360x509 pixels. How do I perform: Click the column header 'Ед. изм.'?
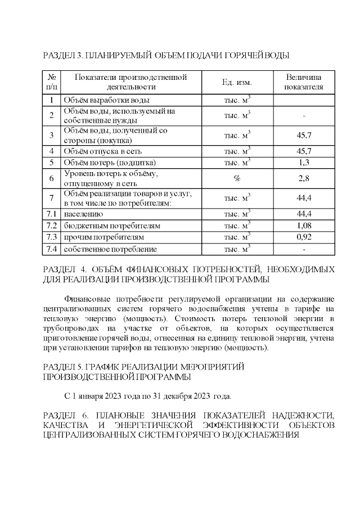236,82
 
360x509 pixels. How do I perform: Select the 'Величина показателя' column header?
304,82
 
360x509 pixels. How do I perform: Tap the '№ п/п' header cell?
51,82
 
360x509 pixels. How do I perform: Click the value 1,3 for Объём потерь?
304,163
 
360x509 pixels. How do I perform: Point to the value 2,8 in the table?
304,178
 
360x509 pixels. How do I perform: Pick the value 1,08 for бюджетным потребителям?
304,226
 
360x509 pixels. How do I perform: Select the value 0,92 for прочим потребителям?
304,237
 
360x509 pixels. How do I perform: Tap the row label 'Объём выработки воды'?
106,100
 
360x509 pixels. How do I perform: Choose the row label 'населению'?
83,214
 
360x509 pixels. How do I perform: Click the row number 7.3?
51,237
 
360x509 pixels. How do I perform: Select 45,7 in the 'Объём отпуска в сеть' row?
304,151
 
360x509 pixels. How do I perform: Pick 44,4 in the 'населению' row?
304,214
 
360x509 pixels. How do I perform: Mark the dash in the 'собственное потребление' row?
304,249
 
